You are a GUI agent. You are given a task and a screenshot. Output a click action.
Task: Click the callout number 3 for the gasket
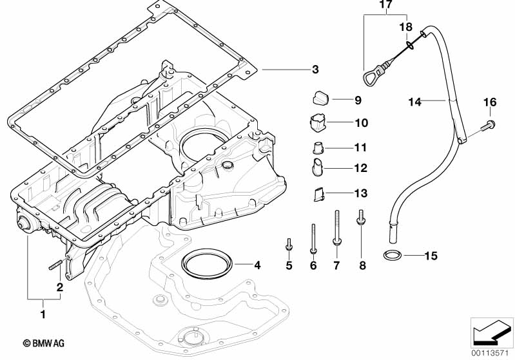(x=315, y=70)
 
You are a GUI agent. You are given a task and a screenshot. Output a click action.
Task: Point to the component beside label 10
(x=318, y=123)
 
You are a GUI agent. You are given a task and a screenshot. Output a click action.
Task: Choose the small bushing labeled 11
(x=318, y=147)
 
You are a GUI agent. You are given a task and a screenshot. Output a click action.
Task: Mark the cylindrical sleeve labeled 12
(x=318, y=167)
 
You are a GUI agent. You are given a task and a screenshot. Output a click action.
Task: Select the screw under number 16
(x=488, y=126)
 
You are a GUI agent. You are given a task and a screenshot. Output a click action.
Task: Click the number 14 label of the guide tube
(x=415, y=102)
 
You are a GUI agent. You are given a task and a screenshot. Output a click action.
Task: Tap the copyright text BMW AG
(x=44, y=343)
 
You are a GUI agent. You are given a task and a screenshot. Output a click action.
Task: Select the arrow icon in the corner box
(x=491, y=332)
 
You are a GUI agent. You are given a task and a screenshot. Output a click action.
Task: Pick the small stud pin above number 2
(x=56, y=265)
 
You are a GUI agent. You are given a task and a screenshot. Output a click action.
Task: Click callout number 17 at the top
(x=386, y=5)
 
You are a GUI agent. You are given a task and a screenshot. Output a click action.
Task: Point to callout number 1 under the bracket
(x=43, y=314)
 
